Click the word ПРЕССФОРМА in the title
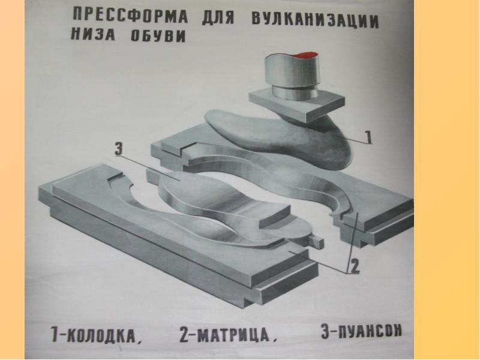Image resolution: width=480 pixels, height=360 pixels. coord(130,16)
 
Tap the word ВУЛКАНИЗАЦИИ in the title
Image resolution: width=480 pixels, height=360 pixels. coord(316,20)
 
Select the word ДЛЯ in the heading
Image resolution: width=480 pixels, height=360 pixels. coord(218,17)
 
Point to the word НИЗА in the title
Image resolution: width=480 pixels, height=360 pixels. coord(93,34)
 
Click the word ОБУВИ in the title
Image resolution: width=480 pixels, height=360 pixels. coord(158,36)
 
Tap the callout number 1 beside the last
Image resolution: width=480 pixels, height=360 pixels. coord(368,137)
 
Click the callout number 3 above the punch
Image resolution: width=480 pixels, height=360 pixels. coord(118,149)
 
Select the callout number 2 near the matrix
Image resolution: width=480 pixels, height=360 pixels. coord(354,266)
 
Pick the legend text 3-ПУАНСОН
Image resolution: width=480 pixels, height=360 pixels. coord(361,331)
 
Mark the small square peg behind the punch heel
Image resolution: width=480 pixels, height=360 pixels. coord(316,241)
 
